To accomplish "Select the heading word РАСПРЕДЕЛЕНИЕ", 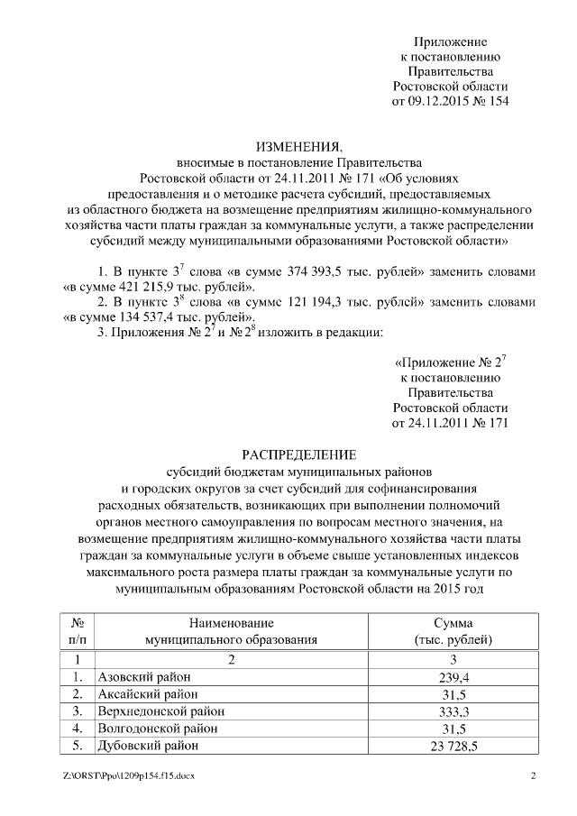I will (299, 454).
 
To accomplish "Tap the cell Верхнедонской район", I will (155, 711).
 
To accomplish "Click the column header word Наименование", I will (232, 623).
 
